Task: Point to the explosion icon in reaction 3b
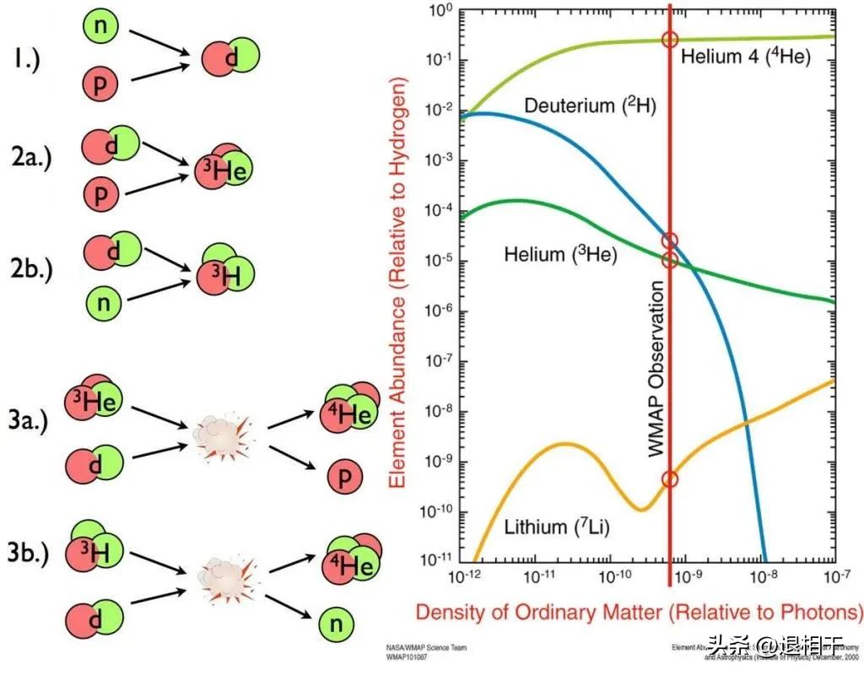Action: (x=218, y=577)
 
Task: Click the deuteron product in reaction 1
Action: (x=229, y=57)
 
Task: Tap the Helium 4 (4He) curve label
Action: (x=746, y=57)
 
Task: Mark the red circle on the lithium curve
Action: (x=670, y=479)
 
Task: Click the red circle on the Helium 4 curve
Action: (x=670, y=39)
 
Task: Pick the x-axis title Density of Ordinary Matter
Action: (x=639, y=610)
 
